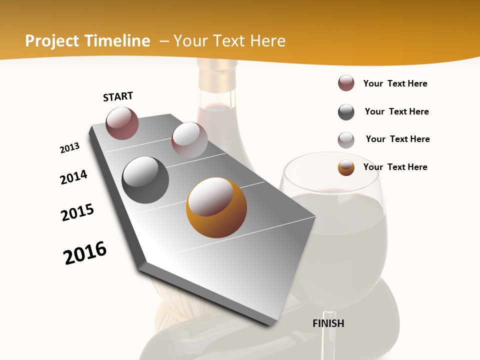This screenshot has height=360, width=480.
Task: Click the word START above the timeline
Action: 118,96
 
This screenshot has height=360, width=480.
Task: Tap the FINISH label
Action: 328,323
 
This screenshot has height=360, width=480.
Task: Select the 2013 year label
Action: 69,147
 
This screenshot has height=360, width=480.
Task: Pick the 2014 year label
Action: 73,177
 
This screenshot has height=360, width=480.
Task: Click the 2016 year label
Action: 85,252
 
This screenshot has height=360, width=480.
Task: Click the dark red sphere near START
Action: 122,123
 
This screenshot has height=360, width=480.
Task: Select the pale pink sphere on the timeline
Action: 189,139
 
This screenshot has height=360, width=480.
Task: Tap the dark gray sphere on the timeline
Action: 145,179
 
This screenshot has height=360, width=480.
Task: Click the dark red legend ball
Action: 346,83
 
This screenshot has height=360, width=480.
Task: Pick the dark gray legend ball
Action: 346,112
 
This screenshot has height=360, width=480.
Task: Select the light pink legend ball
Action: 346,140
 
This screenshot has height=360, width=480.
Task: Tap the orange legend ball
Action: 346,167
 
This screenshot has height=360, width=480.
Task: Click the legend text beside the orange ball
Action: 395,167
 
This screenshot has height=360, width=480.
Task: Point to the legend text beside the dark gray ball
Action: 396,111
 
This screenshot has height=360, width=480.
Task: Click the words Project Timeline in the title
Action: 87,41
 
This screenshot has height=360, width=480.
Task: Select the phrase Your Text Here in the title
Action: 229,41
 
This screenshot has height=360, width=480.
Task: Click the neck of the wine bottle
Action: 216,82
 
